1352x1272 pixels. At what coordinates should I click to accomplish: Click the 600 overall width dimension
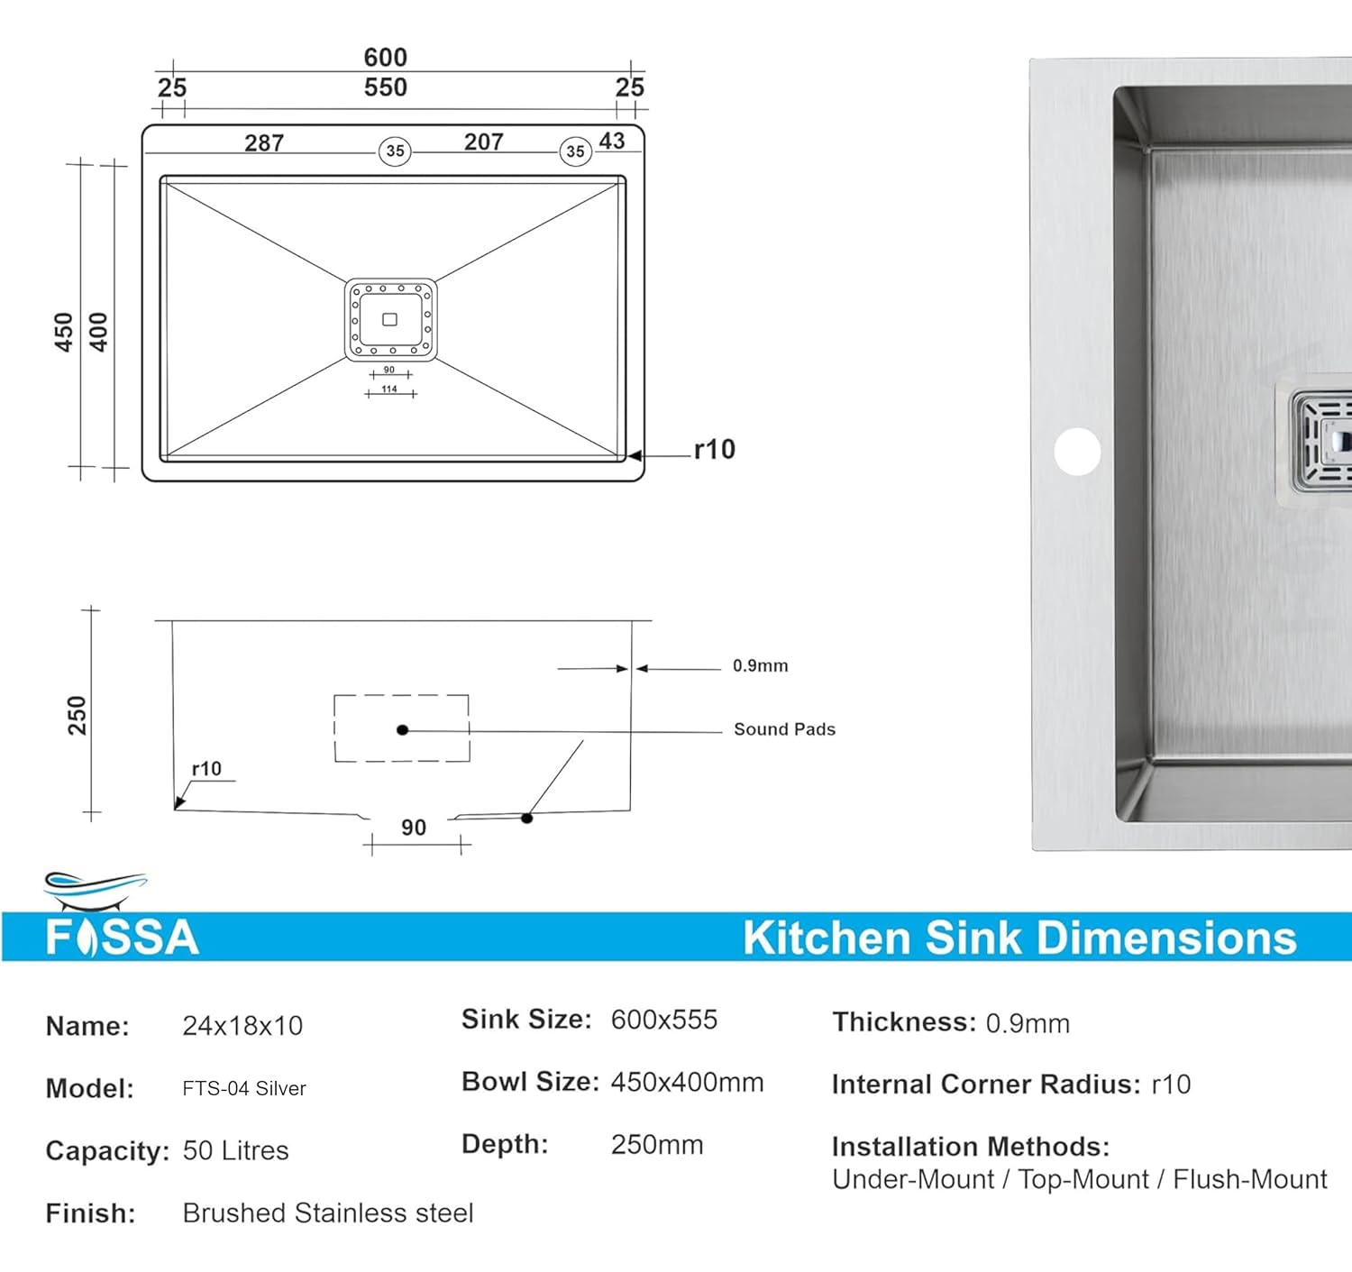coord(385,57)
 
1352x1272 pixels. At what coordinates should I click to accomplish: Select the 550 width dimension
coord(385,87)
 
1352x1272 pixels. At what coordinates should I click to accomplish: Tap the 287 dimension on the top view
coord(264,143)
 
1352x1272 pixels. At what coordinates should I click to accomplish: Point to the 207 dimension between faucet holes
coord(483,142)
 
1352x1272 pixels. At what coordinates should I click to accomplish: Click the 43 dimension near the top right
coord(612,141)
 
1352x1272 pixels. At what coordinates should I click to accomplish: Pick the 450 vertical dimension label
coord(63,332)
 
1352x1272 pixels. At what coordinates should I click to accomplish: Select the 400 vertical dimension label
coord(98,332)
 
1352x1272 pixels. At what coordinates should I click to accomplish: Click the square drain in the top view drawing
coord(390,320)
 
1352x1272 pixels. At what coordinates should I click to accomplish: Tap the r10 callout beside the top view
coord(714,449)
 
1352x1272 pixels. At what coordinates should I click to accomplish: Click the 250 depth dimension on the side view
coord(78,715)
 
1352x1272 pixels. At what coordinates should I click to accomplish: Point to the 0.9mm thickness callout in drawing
coord(760,666)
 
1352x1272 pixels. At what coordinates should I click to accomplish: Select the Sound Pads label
coord(784,729)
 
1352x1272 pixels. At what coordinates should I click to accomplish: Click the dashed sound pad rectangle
coord(402,728)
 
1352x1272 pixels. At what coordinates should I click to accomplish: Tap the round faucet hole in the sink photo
coord(1077,451)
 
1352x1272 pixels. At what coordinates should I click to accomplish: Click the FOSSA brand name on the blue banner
coord(122,938)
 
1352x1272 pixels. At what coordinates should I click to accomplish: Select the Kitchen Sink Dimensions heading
coord(1019,938)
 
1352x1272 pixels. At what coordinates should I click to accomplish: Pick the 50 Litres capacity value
coord(235,1151)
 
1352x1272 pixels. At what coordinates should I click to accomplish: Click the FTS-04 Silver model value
coord(244,1089)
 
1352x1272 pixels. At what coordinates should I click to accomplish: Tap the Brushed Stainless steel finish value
coord(328,1213)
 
